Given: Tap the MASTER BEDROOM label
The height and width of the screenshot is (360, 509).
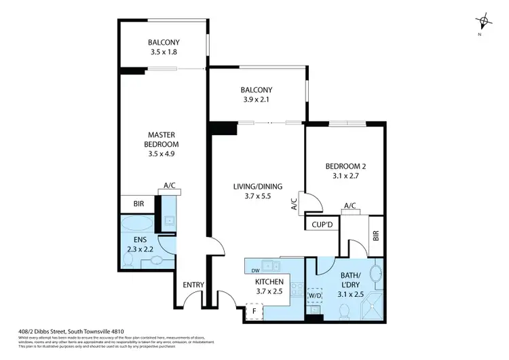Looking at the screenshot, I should [161, 139].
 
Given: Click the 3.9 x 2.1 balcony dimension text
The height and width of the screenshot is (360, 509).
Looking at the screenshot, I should [256, 100].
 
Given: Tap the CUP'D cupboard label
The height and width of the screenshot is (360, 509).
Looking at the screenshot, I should [322, 225].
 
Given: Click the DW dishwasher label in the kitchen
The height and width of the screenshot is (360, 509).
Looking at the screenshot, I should [254, 270].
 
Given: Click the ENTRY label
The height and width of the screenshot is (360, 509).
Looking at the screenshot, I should [193, 285].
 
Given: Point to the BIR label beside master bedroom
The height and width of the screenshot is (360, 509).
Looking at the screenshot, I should [137, 204].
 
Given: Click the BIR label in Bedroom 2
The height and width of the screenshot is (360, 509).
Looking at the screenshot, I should [377, 237].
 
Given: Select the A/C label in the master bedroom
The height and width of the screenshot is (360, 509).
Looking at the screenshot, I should [170, 185].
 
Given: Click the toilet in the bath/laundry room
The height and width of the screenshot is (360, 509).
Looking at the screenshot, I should [345, 310].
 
